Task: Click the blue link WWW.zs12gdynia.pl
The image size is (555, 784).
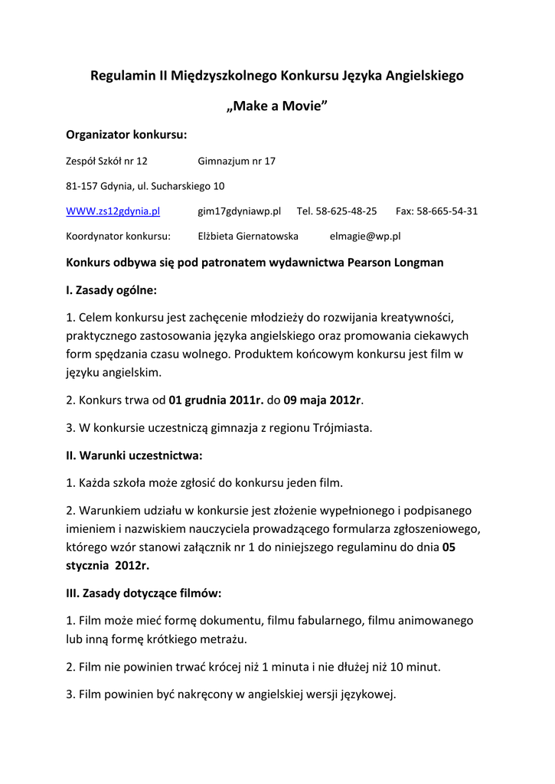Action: (113, 211)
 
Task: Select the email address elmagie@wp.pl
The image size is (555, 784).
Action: (364, 237)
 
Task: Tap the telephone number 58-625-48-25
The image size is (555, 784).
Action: (348, 211)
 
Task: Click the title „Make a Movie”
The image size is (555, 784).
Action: (277, 105)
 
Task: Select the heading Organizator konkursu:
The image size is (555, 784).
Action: (126, 135)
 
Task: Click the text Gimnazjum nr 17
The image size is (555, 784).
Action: (237, 161)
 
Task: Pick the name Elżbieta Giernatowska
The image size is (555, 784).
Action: (248, 237)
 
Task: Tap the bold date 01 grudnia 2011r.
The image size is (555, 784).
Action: (216, 400)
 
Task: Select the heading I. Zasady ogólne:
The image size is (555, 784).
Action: (112, 290)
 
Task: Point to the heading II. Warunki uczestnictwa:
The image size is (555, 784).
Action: (134, 456)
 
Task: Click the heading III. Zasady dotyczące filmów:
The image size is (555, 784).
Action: (144, 593)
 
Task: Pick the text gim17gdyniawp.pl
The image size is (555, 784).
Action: (240, 211)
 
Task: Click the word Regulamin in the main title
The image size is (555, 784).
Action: (123, 76)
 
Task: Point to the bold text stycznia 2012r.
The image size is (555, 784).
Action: (108, 566)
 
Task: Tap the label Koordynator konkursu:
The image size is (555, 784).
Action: (118, 237)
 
